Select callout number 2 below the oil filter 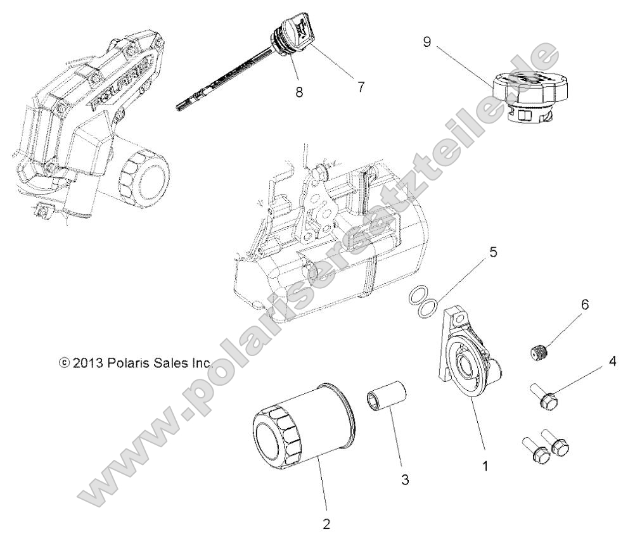click(x=326, y=524)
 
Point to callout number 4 click(x=594, y=362)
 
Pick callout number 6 click(x=584, y=305)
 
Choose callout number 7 click(x=361, y=87)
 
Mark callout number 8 click(x=298, y=92)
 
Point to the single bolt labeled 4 click(x=544, y=397)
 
